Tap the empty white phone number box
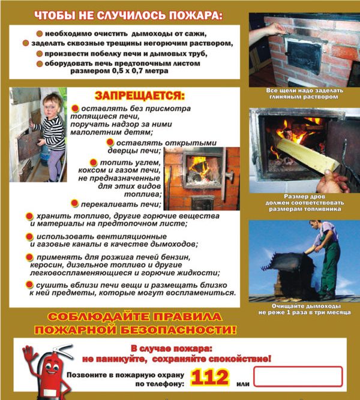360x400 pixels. click(x=298, y=377)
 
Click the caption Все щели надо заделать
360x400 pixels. click(x=304, y=91)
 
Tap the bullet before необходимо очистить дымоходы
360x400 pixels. click(x=39, y=34)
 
